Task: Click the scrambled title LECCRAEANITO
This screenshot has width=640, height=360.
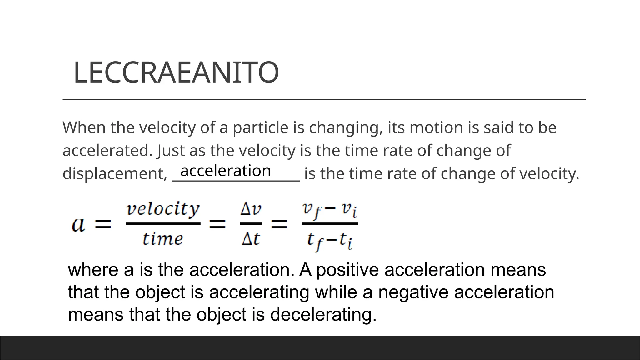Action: [176, 72]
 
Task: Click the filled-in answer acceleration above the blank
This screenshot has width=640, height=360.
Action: [225, 171]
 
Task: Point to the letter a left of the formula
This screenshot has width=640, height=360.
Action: [78, 224]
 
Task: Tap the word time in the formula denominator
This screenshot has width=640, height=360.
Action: [162, 239]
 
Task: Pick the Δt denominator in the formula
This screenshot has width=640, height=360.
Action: [251, 239]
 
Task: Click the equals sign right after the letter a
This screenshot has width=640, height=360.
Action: [103, 224]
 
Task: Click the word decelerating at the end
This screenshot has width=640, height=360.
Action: [323, 314]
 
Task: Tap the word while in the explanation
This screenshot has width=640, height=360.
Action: [336, 292]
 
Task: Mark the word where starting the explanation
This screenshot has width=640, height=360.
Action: [93, 270]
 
